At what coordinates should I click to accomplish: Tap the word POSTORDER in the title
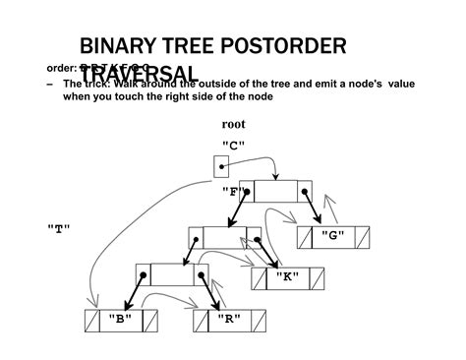point(292,46)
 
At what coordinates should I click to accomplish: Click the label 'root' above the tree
point(233,125)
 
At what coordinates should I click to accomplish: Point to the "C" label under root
point(233,146)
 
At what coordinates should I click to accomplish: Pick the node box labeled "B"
point(121,321)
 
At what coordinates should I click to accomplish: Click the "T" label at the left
point(59,228)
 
